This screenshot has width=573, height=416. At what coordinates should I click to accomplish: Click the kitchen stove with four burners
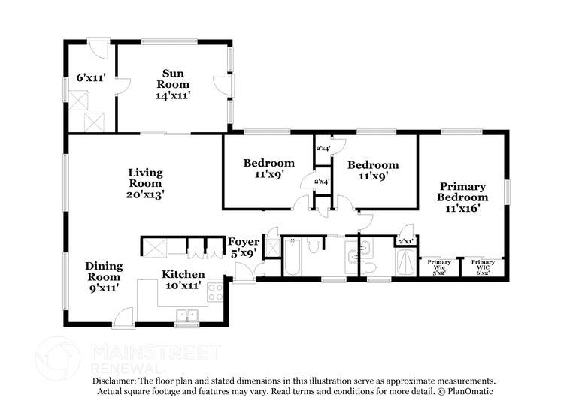coord(215,292)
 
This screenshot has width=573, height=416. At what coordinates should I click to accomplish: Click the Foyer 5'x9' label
coord(244,248)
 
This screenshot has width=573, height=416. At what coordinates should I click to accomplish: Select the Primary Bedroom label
coord(462,197)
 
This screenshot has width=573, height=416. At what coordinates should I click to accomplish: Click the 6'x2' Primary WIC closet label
coord(483,266)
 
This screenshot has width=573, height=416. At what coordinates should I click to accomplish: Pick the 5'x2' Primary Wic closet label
coord(439,266)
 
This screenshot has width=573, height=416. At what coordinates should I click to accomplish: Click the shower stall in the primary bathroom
coord(405,263)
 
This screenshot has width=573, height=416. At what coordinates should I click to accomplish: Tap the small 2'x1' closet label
coord(405,241)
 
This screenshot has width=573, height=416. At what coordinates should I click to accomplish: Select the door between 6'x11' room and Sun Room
coord(120,85)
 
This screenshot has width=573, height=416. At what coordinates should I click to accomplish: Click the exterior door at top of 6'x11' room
coord(98,48)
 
